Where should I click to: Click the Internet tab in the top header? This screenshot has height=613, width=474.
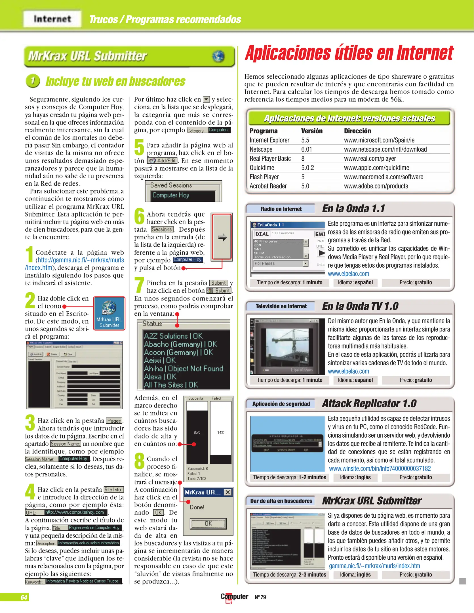click(x=52, y=19)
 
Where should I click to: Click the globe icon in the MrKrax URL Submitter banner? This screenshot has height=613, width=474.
click(x=218, y=56)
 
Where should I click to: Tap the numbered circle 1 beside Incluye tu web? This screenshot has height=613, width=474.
click(x=33, y=81)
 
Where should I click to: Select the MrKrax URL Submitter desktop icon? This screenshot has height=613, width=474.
click(x=109, y=313)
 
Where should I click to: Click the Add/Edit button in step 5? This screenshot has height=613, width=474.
click(x=163, y=161)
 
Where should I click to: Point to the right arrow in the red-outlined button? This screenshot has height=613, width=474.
click(x=222, y=237)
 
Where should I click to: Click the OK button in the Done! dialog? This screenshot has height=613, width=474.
click(x=208, y=524)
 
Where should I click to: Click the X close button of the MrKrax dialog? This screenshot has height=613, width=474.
click(x=227, y=492)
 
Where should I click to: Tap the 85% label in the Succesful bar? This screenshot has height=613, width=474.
click(x=197, y=433)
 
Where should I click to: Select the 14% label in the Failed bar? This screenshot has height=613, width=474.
click(x=220, y=433)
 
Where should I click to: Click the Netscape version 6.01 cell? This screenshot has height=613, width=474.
click(x=306, y=149)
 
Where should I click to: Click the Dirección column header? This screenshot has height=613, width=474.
click(x=357, y=131)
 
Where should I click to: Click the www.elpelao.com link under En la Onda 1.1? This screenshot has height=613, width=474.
click(x=348, y=274)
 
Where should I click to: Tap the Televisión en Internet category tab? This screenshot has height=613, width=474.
click(x=281, y=306)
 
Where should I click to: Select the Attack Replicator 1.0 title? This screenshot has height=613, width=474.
click(x=369, y=403)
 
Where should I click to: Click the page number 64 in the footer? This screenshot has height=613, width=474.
click(x=24, y=597)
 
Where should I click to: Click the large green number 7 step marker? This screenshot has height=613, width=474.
click(x=139, y=285)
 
